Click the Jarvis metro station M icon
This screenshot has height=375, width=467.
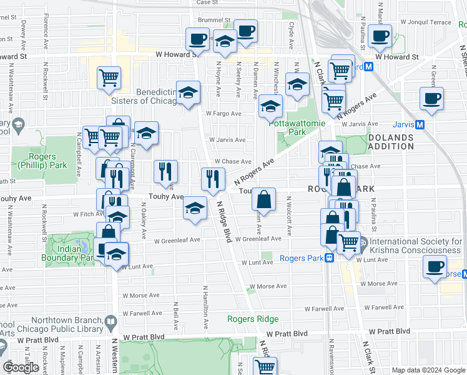point(420,124)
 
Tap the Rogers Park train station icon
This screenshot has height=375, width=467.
point(329,257)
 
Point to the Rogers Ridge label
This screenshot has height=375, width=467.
point(252,319)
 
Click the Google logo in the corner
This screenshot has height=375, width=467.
point(21,367)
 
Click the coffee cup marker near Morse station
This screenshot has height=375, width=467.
point(435,267)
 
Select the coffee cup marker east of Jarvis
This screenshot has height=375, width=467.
point(431,99)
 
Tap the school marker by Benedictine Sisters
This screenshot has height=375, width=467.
point(188,93)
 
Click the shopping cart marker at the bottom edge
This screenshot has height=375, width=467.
point(265,367)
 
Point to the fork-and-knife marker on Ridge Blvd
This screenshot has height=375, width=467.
point(213,179)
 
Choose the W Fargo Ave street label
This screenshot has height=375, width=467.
point(224,114)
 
